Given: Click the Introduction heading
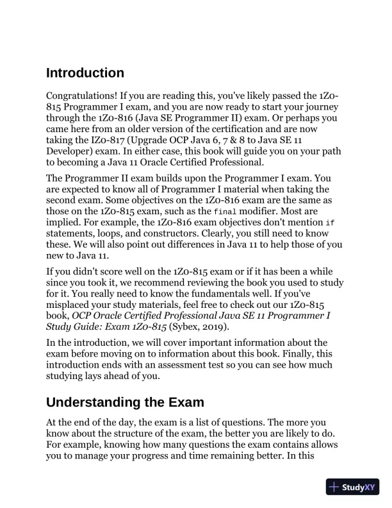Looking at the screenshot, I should click(x=85, y=72).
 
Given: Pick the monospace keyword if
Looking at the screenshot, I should click(x=330, y=223).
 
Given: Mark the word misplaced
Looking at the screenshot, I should click(x=71, y=305).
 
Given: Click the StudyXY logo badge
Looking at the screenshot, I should click(x=352, y=487).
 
